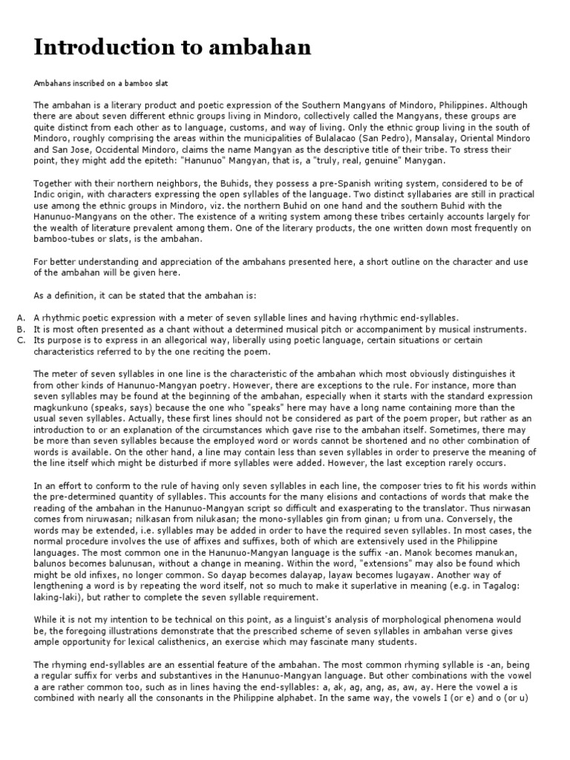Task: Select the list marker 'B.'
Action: click(x=20, y=329)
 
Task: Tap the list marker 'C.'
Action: click(x=20, y=340)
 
